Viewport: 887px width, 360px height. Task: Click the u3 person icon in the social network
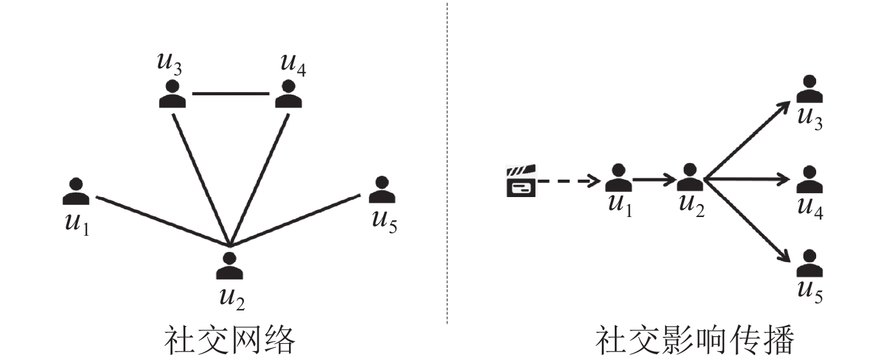coord(172,94)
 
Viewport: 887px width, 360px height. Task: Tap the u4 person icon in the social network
coord(289,94)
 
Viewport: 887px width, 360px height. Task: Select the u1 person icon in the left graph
coord(77,191)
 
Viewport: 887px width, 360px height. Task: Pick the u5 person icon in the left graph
coord(382,190)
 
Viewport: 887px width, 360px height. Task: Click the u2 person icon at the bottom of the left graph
coord(229,266)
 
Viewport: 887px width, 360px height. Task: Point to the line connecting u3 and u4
coord(230,94)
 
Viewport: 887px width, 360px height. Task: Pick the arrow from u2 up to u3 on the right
coord(747,140)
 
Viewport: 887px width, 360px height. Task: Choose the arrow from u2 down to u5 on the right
coord(747,221)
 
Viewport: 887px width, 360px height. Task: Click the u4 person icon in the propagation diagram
coord(809,180)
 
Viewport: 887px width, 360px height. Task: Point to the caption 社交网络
coord(229,339)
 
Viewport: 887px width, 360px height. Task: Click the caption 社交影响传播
coord(695,339)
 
